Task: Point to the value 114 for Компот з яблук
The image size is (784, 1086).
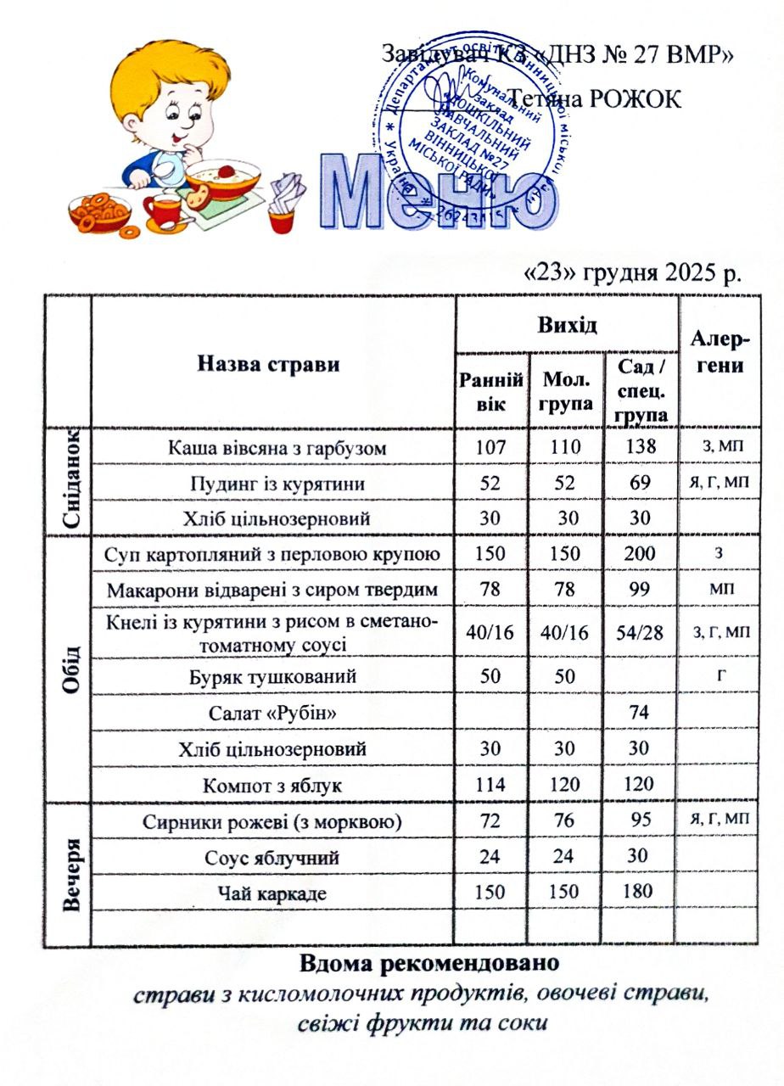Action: coord(490,785)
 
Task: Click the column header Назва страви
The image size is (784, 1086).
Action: coord(268,365)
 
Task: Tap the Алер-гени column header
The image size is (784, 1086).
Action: coord(718,354)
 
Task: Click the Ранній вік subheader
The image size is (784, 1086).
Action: coord(490,390)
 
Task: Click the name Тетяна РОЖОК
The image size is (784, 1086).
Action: coord(594,98)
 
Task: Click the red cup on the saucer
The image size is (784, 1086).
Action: coord(161,208)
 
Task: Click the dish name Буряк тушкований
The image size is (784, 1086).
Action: coord(273,677)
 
